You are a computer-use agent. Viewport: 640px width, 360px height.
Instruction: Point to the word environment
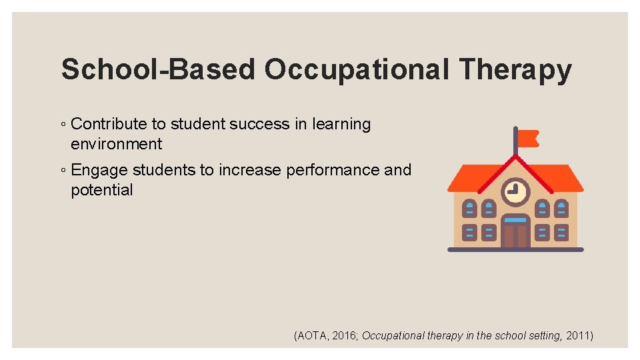point(117,143)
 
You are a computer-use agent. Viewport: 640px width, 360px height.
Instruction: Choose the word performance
point(333,170)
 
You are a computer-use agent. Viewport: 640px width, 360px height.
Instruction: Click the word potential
point(102,190)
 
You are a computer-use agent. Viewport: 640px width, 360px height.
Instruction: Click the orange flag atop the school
point(528,139)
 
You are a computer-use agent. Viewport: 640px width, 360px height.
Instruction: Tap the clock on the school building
point(515,191)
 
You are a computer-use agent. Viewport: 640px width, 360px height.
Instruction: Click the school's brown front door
point(515,235)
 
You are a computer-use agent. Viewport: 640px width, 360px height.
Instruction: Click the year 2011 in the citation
point(578,336)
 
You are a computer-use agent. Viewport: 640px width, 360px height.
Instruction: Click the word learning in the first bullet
point(341,124)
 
